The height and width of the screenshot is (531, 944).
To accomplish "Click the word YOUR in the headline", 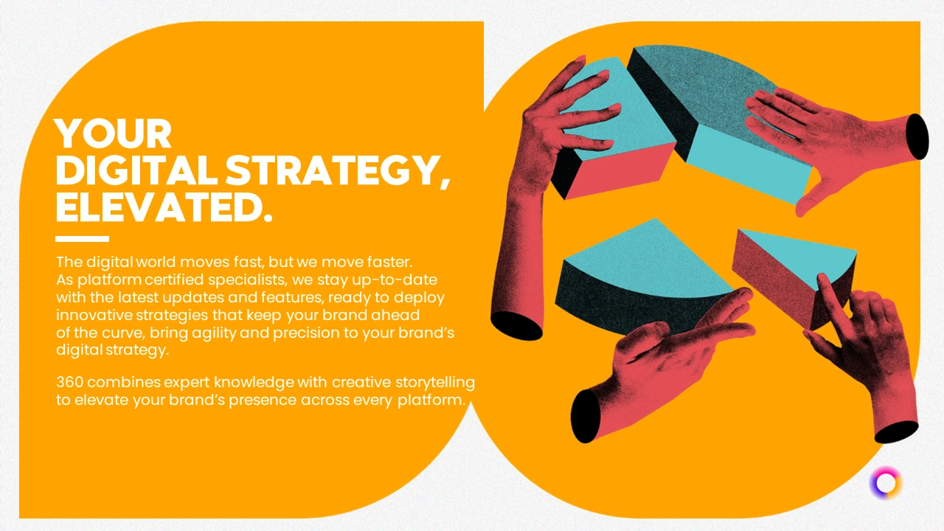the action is point(113,133).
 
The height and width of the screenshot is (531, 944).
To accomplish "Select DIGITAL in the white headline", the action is point(139,170).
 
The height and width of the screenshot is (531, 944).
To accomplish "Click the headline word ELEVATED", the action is point(164,207).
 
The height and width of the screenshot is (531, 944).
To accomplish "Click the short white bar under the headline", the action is point(82,239).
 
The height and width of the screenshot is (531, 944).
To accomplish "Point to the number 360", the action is point(70,382).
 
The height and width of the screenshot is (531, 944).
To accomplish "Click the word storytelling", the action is point(435,383).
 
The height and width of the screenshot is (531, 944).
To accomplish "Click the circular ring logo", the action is point(886,483).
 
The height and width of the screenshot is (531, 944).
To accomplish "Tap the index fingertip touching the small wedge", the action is point(822,279).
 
